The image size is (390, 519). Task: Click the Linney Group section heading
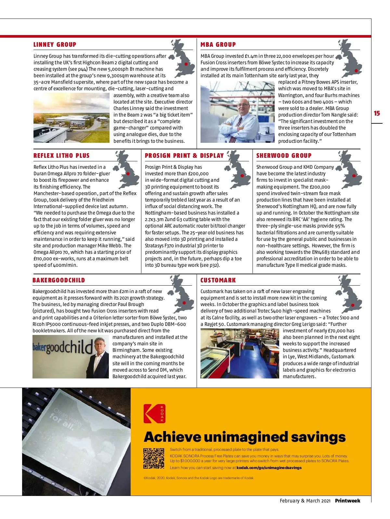55,45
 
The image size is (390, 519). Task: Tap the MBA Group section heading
218,45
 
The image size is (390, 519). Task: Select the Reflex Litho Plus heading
61,156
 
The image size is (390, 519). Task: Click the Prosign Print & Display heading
184,156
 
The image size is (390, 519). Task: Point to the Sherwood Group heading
284,156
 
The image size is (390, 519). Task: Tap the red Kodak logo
154,413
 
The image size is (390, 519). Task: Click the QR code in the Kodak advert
154,458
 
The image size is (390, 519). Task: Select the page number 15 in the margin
377,113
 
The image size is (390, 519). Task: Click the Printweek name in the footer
347,500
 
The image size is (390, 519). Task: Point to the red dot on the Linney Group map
186,64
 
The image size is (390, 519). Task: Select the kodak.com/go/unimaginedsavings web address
269,468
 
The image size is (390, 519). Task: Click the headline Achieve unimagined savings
244,437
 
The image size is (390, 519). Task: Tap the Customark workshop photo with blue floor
240,353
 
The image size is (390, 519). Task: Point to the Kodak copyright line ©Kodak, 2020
199,478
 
